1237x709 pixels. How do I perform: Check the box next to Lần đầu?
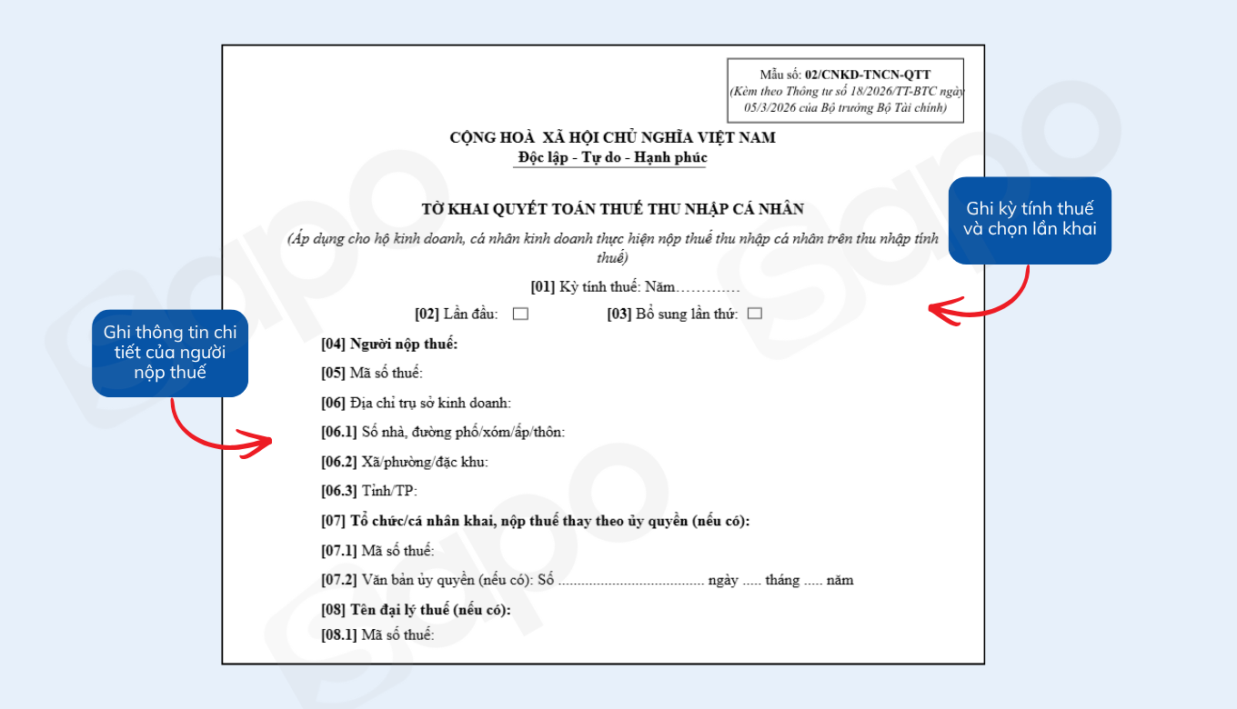(520, 315)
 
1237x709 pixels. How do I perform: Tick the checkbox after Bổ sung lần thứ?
(754, 315)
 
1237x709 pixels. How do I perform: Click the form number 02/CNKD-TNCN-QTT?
(867, 75)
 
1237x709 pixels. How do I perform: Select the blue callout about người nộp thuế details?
(170, 353)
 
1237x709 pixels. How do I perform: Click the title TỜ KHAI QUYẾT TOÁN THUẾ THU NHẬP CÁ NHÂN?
(612, 209)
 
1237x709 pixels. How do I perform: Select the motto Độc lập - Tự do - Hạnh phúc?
(612, 157)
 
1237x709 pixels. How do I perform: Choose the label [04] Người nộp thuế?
(389, 344)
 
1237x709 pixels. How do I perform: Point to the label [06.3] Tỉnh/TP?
(368, 492)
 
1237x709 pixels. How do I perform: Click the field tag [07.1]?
(339, 551)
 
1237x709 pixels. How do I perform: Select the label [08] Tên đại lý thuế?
(416, 610)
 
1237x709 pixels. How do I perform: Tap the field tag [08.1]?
(339, 634)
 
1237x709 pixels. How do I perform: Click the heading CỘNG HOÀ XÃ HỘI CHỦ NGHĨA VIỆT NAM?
(612, 138)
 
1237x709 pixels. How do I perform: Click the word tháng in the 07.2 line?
(782, 580)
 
